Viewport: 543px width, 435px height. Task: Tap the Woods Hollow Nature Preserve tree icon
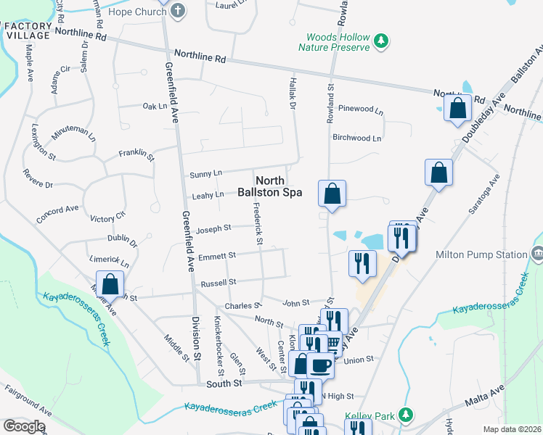click(380, 42)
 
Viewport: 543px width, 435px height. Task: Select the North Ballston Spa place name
click(269, 186)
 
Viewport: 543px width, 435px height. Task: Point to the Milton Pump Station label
click(481, 254)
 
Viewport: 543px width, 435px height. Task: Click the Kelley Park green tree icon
click(407, 415)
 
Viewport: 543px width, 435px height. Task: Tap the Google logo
click(23, 426)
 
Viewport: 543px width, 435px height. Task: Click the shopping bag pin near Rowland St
click(332, 194)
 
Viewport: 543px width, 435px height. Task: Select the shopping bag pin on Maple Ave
click(110, 283)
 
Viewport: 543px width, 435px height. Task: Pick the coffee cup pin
click(319, 365)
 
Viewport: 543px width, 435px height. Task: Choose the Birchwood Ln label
click(356, 138)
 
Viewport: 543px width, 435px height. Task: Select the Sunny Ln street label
click(205, 174)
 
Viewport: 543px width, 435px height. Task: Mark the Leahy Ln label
click(208, 195)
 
